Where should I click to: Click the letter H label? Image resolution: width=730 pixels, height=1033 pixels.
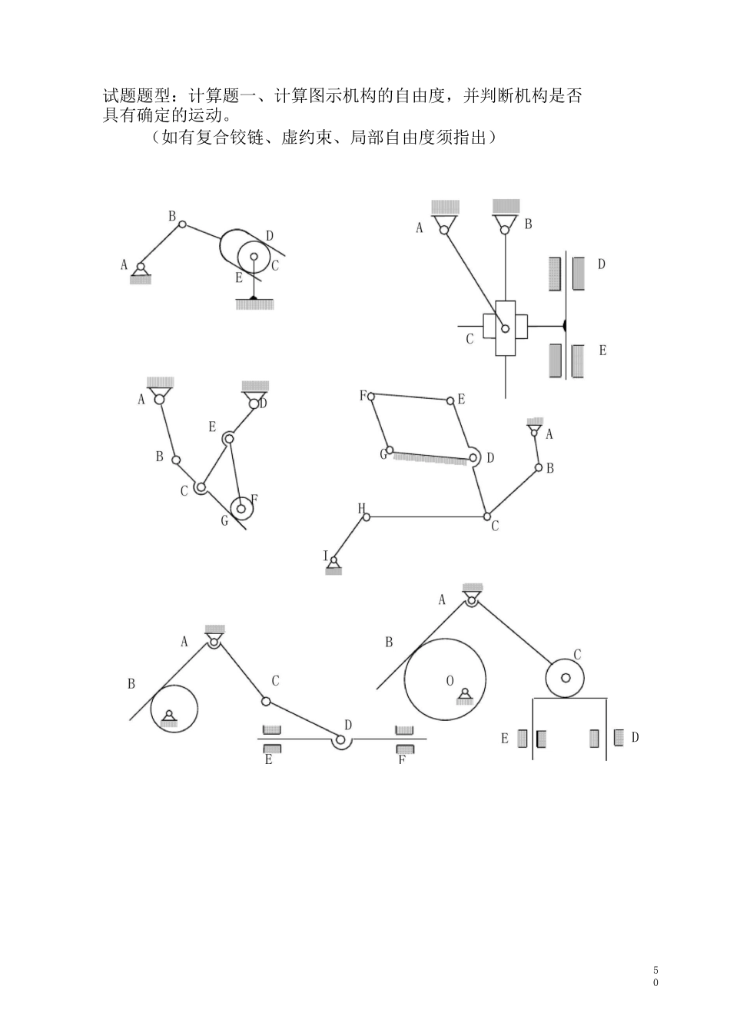point(362,507)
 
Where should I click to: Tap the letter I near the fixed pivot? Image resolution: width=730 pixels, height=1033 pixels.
point(326,556)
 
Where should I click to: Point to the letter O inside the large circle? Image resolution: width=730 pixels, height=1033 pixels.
point(450,680)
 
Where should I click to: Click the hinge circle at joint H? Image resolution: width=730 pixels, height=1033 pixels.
point(367,517)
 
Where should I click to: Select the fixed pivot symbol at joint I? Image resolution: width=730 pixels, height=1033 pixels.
point(333,567)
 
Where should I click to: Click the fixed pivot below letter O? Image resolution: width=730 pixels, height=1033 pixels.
point(464,696)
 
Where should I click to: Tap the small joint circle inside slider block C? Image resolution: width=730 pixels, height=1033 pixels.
point(505,328)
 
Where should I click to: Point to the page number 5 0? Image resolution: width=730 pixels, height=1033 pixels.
point(655,977)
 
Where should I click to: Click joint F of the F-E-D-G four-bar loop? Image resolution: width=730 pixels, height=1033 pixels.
point(371,397)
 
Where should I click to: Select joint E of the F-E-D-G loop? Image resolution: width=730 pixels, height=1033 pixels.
point(450,400)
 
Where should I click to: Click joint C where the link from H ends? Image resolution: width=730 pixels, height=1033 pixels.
point(486,516)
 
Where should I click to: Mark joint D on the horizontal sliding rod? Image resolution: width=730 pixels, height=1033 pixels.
point(340,740)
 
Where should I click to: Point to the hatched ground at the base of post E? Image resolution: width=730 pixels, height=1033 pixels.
point(254,305)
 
